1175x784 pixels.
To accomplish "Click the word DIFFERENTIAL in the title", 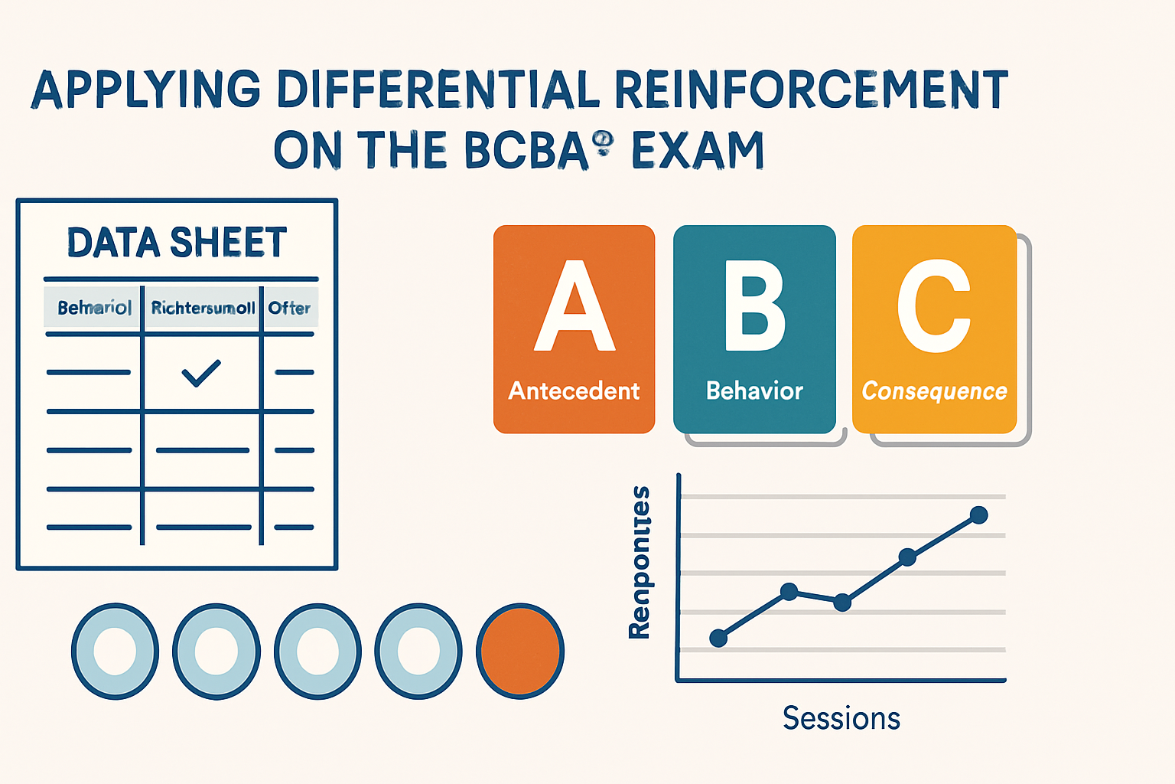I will tap(438, 90).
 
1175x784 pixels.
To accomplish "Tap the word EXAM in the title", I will tap(697, 150).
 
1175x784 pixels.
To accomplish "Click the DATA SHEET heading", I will tap(177, 243).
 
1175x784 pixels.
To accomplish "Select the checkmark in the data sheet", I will tap(201, 373).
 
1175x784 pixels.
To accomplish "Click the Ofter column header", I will tap(289, 308).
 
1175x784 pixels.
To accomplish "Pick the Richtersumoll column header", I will tap(203, 308).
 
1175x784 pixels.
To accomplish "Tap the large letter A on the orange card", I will tap(574, 306).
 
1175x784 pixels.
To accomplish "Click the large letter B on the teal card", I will tap(754, 306).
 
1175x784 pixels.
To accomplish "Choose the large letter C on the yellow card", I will tap(934, 306).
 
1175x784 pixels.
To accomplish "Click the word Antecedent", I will tap(574, 391).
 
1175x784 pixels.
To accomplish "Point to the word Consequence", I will tap(934, 391).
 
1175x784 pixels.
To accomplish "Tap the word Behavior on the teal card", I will tap(754, 391).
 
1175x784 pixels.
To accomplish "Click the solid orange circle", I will tap(520, 651).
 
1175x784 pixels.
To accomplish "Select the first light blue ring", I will tap(115, 651).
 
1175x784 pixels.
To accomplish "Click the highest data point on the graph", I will tap(978, 515).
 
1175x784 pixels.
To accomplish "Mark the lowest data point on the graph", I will tap(718, 638).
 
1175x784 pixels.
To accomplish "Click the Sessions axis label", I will tap(841, 718).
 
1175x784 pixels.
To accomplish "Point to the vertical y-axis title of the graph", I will tap(639, 562).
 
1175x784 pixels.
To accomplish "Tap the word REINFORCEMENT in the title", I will tap(811, 90).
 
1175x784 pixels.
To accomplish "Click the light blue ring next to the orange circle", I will tap(418, 651).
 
